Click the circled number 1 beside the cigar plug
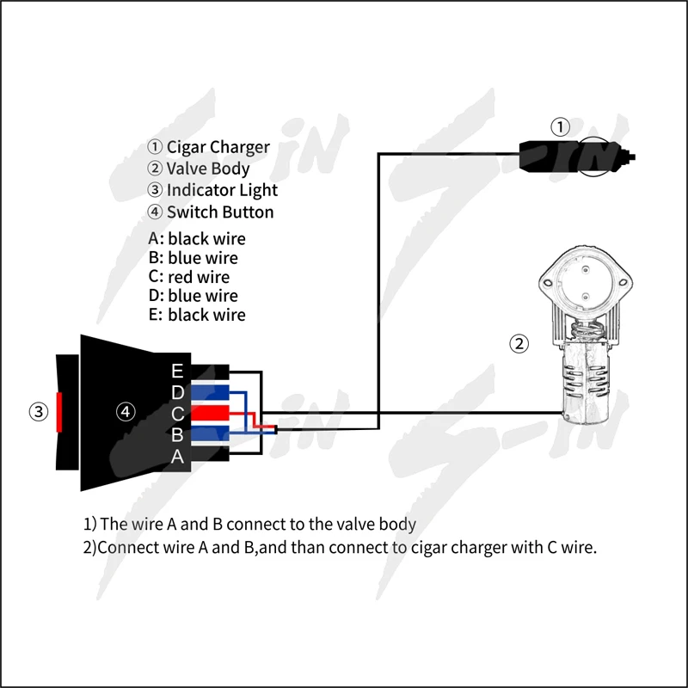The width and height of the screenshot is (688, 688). [560, 128]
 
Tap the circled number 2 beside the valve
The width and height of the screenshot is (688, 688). [519, 344]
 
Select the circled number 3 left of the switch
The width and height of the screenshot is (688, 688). [38, 411]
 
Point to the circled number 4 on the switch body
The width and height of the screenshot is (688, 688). [126, 412]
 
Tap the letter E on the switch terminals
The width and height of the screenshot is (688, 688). [177, 372]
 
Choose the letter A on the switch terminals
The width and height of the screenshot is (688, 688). [177, 456]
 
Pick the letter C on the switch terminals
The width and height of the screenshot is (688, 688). [177, 414]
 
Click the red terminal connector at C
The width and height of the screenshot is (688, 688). [210, 414]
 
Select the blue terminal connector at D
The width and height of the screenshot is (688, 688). [210, 393]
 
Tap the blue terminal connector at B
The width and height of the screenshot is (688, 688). [210, 433]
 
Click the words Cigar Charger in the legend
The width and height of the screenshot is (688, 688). [218, 147]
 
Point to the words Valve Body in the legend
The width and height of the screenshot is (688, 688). [208, 169]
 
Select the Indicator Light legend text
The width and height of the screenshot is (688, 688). [222, 190]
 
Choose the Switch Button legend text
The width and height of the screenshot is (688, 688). [220, 212]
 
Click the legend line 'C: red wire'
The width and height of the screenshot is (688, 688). [189, 277]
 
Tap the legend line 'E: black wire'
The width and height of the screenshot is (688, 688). [197, 315]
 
